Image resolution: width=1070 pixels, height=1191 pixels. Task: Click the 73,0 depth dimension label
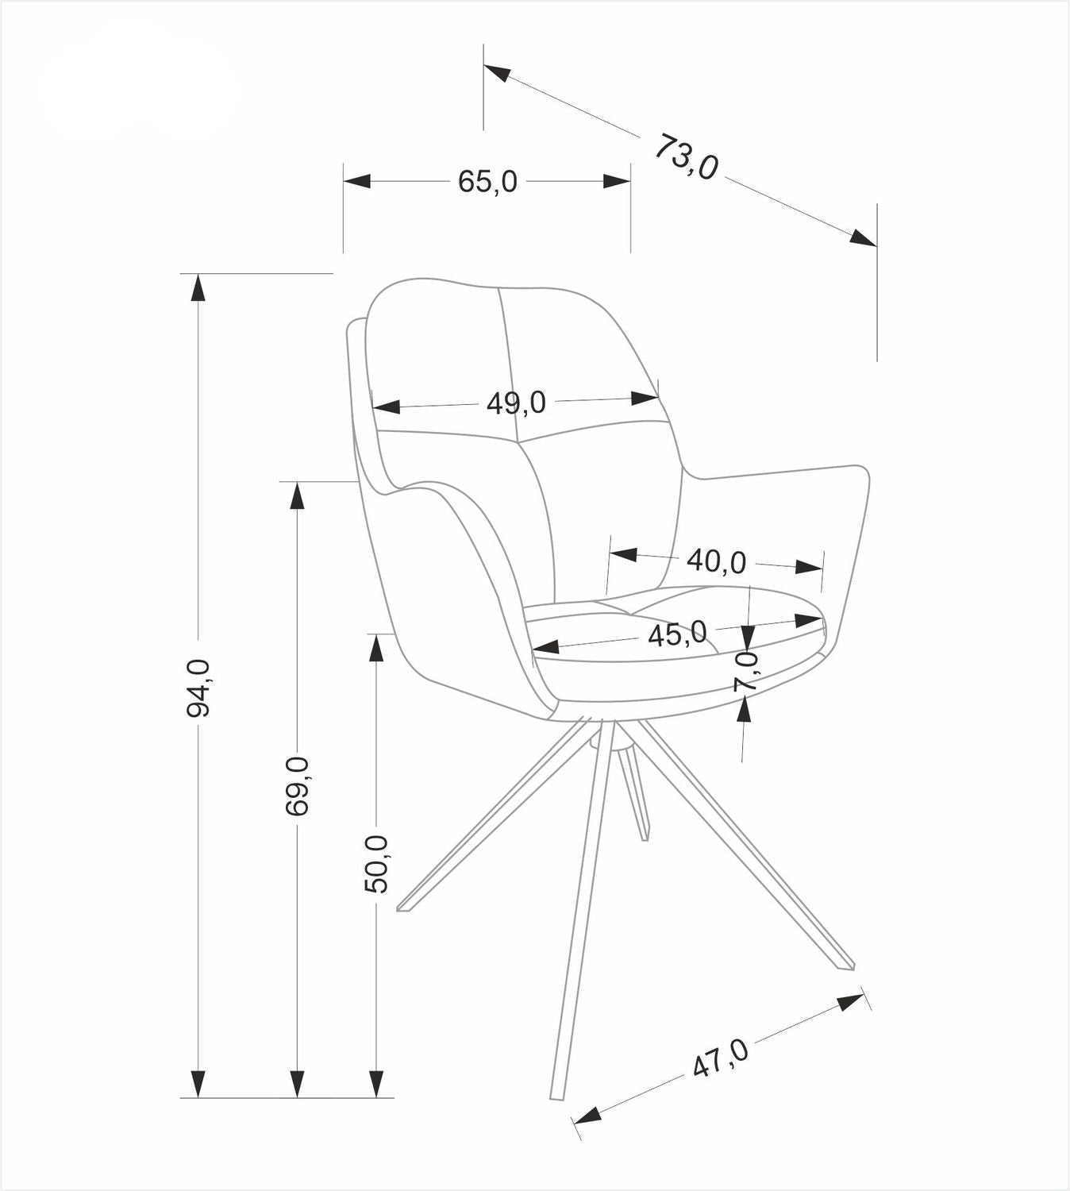(x=687, y=157)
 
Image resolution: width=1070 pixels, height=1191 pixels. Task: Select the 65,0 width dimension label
(x=487, y=182)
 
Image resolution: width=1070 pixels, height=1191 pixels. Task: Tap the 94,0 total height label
(x=198, y=688)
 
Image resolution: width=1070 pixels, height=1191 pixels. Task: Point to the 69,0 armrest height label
(x=297, y=786)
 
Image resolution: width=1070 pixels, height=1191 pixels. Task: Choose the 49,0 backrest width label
(x=516, y=403)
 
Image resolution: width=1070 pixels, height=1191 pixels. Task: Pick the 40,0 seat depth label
(x=716, y=561)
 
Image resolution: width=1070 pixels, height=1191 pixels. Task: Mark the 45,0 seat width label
(x=677, y=634)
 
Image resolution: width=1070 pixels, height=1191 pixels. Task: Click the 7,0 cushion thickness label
(x=746, y=670)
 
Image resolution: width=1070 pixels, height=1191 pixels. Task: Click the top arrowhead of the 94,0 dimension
(x=198, y=287)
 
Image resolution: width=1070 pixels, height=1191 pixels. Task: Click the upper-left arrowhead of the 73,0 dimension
(x=497, y=73)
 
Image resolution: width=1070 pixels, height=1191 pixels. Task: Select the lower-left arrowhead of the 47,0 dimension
(x=587, y=1116)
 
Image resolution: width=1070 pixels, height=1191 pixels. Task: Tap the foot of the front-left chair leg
(x=404, y=907)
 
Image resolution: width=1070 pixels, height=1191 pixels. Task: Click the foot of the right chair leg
(x=846, y=965)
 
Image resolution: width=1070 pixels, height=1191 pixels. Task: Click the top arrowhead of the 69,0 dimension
(x=297, y=495)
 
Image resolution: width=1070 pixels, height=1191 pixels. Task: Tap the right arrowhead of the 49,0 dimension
(x=645, y=397)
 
